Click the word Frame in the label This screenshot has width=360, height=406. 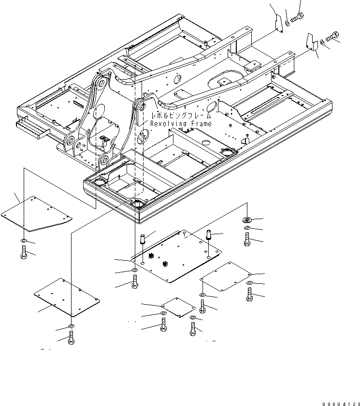(x=200, y=124)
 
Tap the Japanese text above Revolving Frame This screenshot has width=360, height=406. (x=181, y=116)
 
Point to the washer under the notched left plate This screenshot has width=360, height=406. (x=24, y=240)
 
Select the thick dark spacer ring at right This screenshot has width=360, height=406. (x=247, y=220)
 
